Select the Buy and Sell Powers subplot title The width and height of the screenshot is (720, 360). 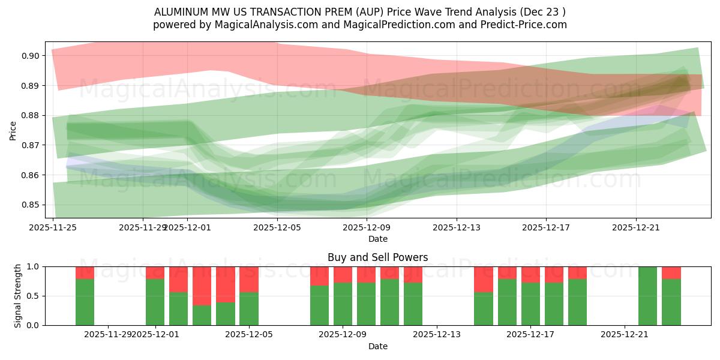coord(377,257)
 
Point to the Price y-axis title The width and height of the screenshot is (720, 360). coord(13,130)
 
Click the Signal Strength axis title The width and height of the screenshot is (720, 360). coord(18,296)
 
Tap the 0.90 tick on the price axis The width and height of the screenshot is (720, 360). coord(30,56)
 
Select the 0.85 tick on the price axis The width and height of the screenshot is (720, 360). coord(30,205)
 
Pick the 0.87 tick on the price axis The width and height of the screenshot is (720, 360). coord(30,145)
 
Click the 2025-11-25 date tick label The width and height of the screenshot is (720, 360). coord(53,228)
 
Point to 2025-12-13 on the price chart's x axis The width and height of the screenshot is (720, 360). coord(457,228)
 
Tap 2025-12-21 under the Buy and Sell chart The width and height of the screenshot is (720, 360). coord(625,334)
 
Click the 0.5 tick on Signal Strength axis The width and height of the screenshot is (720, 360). coord(34,296)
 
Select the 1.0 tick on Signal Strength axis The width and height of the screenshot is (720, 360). coord(34,266)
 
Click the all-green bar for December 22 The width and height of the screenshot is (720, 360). coord(648,296)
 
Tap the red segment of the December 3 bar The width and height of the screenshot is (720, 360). coord(202,286)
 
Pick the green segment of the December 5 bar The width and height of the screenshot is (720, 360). coord(249,309)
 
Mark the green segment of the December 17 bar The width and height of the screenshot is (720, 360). coord(531,304)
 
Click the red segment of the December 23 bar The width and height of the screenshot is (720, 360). coord(671,272)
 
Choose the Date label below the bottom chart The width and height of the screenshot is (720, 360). coord(377,346)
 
